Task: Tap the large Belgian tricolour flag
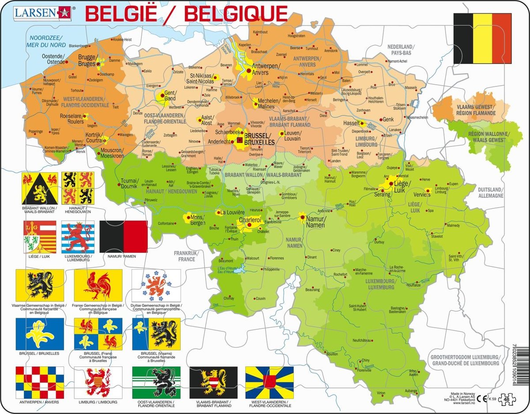tap(482, 38)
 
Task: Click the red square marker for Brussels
tap(240, 139)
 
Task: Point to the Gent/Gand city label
tap(170, 95)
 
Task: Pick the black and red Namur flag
tap(123, 236)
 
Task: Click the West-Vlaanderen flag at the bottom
tap(269, 382)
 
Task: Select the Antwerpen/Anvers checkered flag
tap(40, 382)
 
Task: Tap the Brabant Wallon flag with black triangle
tap(40, 188)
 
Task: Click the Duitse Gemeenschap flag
tap(156, 286)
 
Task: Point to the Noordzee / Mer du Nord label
tap(45, 41)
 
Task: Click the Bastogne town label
tap(394, 309)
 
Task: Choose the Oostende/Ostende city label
tap(53, 58)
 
